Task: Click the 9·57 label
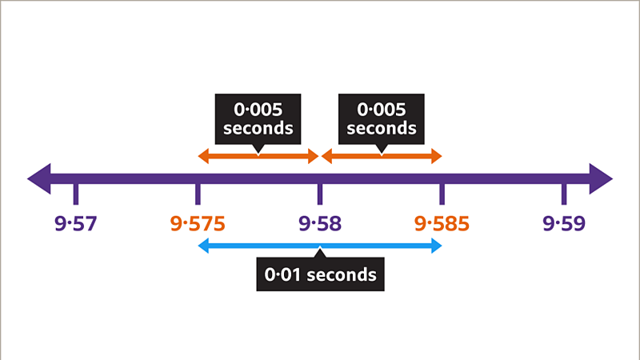(x=76, y=223)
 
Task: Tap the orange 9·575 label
(x=198, y=223)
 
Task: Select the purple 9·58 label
(x=320, y=223)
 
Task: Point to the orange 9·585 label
(x=442, y=223)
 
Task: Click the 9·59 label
(x=564, y=223)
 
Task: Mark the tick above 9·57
(x=76, y=194)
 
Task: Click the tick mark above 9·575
(x=198, y=194)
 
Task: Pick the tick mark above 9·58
(x=320, y=194)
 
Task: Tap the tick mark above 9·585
(x=442, y=194)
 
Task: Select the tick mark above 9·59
(x=564, y=194)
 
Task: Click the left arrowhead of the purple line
(x=38, y=178)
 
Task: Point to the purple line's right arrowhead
(x=601, y=178)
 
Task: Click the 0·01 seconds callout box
(x=320, y=274)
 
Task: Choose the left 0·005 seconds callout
(x=258, y=118)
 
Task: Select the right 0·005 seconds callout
(x=382, y=118)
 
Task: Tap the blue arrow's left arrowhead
(x=203, y=246)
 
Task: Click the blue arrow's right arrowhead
(x=436, y=246)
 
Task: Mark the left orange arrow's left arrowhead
(x=203, y=156)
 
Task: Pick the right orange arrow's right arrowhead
(x=436, y=156)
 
